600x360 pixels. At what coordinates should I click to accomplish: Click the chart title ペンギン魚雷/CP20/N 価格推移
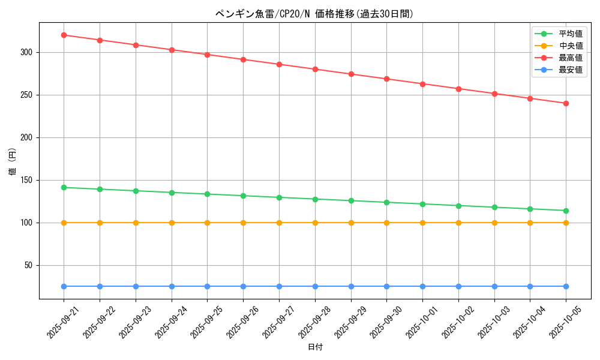pos(314,14)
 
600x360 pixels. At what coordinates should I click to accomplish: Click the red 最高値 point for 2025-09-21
pos(64,35)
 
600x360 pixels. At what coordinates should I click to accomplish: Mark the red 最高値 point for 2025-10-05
pos(566,103)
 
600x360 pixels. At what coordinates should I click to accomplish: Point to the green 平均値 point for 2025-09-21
pos(64,187)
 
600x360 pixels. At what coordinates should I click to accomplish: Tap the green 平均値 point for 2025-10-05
pos(566,211)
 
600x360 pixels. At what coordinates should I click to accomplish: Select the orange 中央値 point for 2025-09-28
pos(315,223)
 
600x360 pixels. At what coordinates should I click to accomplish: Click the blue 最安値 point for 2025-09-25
pos(207,286)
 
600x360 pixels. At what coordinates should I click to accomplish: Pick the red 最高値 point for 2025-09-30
pos(386,79)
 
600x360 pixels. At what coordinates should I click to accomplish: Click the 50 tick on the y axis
pos(28,265)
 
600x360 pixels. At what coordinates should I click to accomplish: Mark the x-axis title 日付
pos(315,347)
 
